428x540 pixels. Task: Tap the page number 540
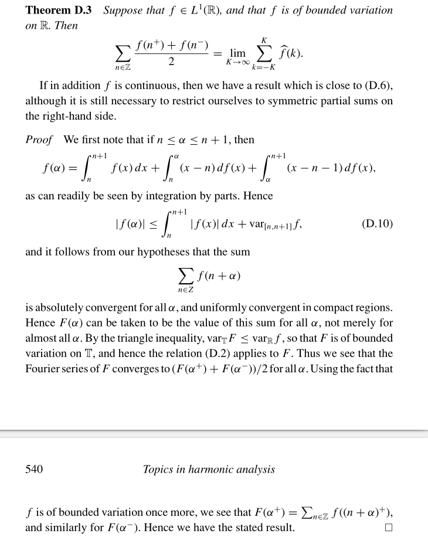click(34, 468)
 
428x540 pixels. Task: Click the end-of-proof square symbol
click(388, 527)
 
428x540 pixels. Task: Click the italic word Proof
click(39, 140)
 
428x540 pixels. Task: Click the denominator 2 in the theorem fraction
click(171, 62)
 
